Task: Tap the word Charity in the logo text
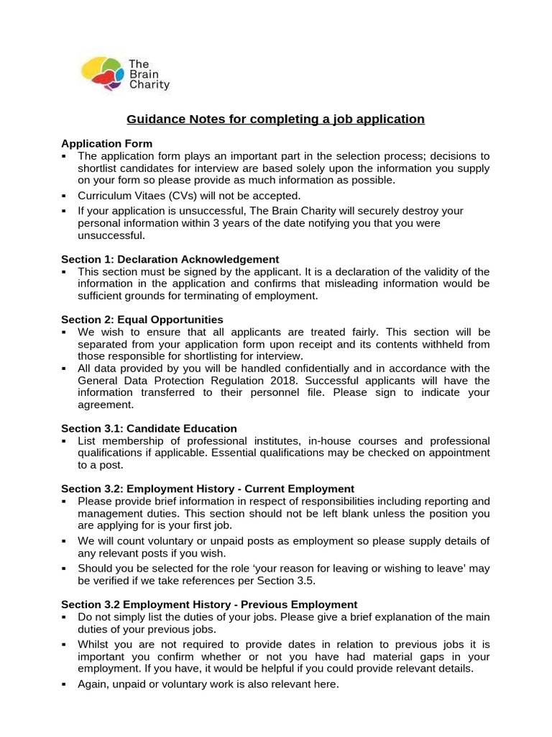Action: (149, 84)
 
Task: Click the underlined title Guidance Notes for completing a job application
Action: (276, 119)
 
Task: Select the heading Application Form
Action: (106, 143)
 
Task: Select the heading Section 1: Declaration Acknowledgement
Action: (170, 259)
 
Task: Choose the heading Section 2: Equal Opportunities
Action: (142, 319)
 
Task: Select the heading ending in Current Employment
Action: (208, 489)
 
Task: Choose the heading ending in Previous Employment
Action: (209, 604)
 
